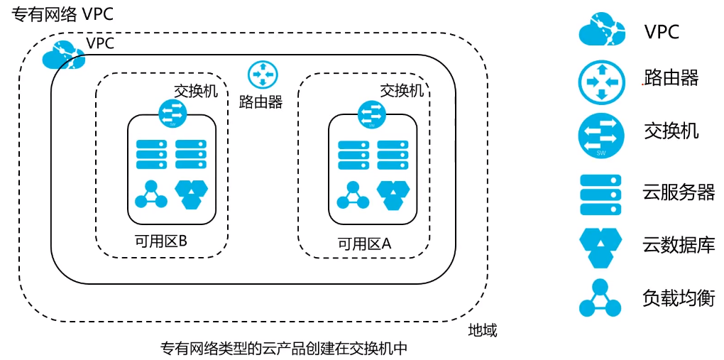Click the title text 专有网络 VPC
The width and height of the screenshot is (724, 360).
[x=62, y=15]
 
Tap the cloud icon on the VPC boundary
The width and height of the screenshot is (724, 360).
[x=63, y=54]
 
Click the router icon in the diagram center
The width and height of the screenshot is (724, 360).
[x=262, y=76]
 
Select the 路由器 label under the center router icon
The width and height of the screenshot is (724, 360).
[x=260, y=102]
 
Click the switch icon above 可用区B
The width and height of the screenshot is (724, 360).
[x=171, y=112]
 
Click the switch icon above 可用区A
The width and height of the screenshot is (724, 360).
[x=372, y=113]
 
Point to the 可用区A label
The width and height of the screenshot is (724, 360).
[x=364, y=244]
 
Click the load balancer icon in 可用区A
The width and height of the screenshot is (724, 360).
[x=353, y=195]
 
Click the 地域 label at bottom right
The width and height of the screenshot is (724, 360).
[x=483, y=330]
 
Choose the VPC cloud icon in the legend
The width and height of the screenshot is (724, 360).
[x=601, y=30]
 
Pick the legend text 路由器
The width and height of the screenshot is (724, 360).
[x=671, y=78]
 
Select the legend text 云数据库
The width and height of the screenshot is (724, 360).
[x=679, y=246]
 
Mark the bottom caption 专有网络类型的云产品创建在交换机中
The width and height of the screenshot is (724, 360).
[x=284, y=349]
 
